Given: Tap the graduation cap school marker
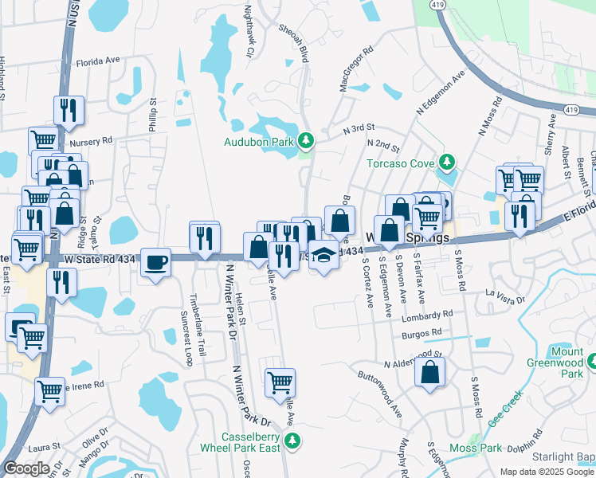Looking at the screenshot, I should pyautogui.click(x=323, y=255).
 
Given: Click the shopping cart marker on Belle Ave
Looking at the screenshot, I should pyautogui.click(x=280, y=382).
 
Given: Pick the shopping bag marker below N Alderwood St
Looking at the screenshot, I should pyautogui.click(x=429, y=371).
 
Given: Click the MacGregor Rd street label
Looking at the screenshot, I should pyautogui.click(x=357, y=69).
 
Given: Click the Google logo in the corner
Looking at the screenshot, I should pyautogui.click(x=27, y=468).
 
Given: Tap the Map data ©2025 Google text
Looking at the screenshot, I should pyautogui.click(x=546, y=472).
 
